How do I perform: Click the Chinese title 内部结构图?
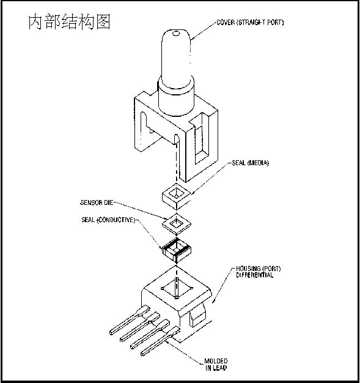(x=69, y=22)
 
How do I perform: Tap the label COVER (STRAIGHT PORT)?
(x=250, y=23)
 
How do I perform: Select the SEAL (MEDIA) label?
(x=250, y=163)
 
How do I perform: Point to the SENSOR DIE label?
(x=97, y=203)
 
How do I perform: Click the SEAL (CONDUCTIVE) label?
(x=108, y=220)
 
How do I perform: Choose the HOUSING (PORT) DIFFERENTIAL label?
(x=258, y=272)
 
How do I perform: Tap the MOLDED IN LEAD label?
(x=216, y=365)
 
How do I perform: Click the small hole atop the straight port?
(x=176, y=34)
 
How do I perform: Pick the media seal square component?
(x=176, y=196)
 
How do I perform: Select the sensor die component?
(x=177, y=224)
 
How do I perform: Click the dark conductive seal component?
(x=177, y=251)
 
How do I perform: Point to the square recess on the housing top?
(x=177, y=288)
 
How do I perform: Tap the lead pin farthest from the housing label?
(x=130, y=320)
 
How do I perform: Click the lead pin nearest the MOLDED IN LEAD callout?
(x=160, y=341)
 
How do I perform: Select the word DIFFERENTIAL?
(x=254, y=275)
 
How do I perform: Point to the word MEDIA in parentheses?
(x=259, y=163)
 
